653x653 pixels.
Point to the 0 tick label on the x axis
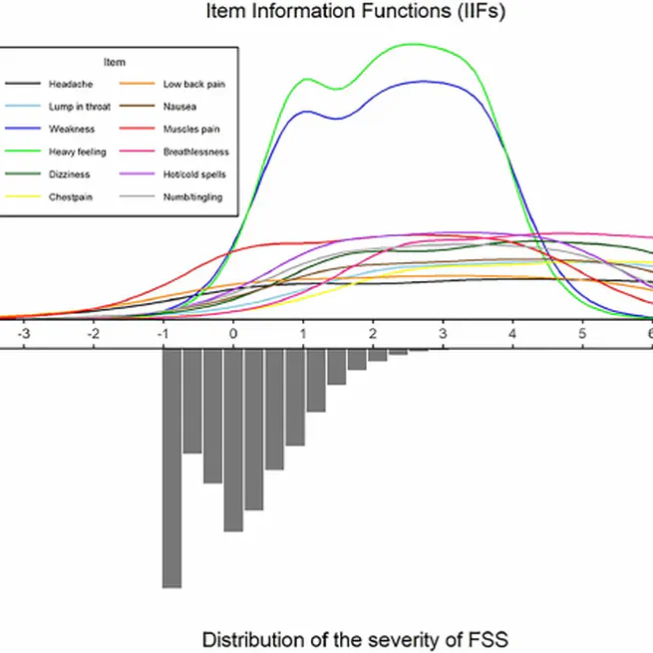233,336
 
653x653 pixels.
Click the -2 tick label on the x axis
92,336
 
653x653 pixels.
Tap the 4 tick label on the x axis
512,336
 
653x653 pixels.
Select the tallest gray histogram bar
171,469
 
